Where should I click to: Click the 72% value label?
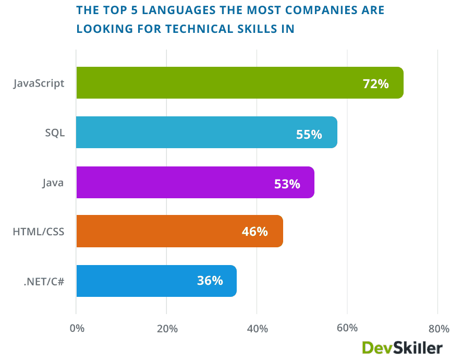point(376,83)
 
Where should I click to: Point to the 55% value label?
point(309,134)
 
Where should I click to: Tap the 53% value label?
point(287,184)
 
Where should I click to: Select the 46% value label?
point(254,232)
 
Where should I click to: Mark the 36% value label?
point(210,281)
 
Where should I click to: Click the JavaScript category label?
point(39,83)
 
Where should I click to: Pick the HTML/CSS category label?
point(39,231)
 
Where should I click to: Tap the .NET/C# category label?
point(44,281)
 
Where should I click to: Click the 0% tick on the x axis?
point(77,329)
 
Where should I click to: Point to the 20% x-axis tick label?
point(167,329)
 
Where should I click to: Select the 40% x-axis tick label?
point(257,329)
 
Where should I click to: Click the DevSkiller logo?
point(402,347)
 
